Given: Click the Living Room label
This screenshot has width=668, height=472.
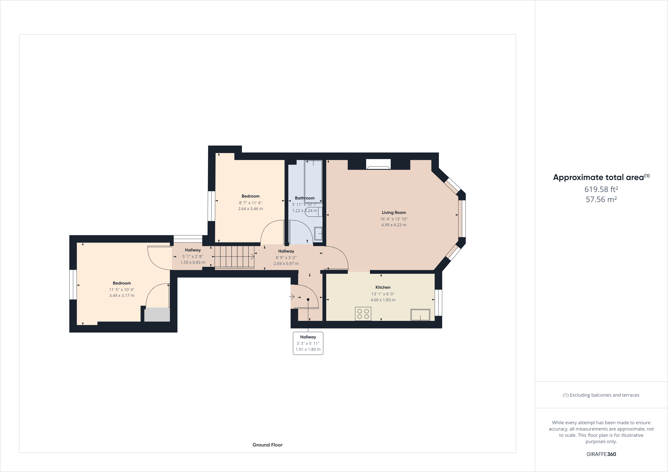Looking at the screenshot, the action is click(x=394, y=213).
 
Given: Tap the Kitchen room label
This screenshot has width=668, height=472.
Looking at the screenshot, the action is click(x=383, y=287).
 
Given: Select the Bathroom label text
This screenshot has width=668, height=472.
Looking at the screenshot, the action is click(x=305, y=198).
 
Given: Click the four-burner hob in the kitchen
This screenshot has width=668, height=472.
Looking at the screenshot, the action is click(x=363, y=314).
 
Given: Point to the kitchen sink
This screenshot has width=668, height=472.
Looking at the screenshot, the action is click(x=420, y=315).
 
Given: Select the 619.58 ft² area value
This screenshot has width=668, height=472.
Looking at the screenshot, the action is click(x=601, y=189).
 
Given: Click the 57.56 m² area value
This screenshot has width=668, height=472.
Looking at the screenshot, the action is click(x=601, y=199).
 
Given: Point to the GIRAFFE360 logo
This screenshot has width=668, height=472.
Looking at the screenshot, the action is click(x=601, y=454).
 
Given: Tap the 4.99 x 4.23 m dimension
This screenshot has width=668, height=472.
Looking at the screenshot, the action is click(x=394, y=225).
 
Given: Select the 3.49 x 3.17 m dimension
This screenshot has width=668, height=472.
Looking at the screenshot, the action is click(x=122, y=295).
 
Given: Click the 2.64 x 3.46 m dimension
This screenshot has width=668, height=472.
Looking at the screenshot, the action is click(x=251, y=209).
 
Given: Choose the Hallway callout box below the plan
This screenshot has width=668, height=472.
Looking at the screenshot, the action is click(x=308, y=343).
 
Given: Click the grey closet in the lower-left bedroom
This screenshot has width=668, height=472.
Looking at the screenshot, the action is click(x=157, y=315).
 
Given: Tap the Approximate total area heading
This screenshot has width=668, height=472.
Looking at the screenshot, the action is click(x=601, y=177).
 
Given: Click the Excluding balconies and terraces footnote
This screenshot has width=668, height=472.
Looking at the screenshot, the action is click(x=601, y=395).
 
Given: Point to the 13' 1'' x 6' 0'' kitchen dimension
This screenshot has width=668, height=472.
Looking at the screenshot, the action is click(x=383, y=294).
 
